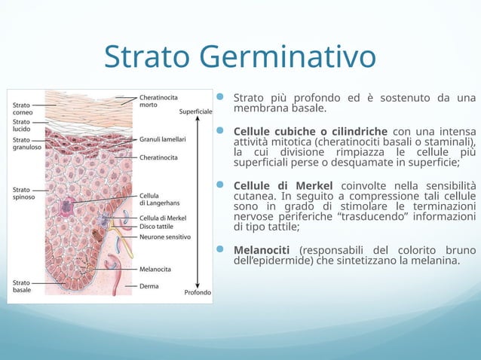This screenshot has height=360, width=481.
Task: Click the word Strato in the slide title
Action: pyautogui.click(x=147, y=56)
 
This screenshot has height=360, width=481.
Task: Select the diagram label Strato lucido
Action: pyautogui.click(x=21, y=125)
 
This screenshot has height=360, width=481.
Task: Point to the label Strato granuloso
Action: pyautogui.click(x=25, y=143)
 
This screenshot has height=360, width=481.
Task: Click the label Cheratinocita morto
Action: pyautogui.click(x=158, y=101)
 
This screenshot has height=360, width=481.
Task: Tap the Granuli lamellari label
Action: pyautogui.click(x=162, y=139)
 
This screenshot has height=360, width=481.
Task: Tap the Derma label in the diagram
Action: pyautogui.click(x=149, y=286)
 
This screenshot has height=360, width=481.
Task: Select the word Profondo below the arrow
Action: pyautogui.click(x=198, y=293)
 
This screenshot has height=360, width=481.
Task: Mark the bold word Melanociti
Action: pyautogui.click(x=263, y=250)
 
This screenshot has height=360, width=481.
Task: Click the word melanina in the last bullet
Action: pyautogui.click(x=433, y=261)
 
